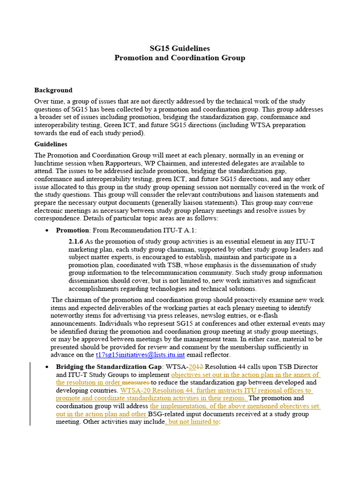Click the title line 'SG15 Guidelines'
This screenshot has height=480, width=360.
click(x=180, y=48)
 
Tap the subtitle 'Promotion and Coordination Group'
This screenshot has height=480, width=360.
click(x=180, y=58)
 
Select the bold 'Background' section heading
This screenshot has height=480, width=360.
click(x=53, y=90)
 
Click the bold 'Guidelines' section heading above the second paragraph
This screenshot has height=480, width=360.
click(x=51, y=144)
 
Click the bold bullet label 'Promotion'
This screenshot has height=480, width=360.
click(x=72, y=230)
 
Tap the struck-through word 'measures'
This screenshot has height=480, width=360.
click(x=135, y=382)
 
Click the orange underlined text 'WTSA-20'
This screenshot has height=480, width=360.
click(x=135, y=390)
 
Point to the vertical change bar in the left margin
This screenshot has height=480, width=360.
click(x=30, y=394)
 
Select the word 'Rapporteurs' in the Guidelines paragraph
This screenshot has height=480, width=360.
click(x=130, y=163)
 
